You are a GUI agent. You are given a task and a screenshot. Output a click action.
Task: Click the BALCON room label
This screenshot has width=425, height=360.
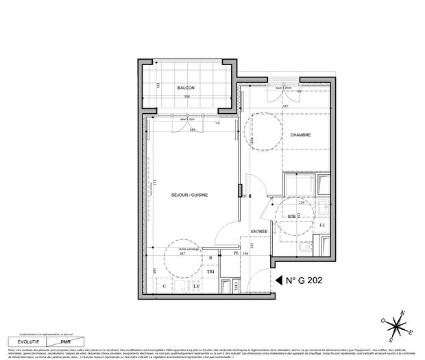[x=186, y=88]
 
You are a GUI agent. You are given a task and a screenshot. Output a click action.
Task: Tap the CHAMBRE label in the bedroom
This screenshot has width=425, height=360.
[x=300, y=135]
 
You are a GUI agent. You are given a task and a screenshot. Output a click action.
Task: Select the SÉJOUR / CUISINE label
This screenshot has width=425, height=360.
[x=190, y=195]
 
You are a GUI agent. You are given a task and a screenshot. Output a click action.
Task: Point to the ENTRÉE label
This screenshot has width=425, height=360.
[x=258, y=232]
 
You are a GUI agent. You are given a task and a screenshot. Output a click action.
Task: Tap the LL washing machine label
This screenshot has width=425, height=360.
[x=323, y=224]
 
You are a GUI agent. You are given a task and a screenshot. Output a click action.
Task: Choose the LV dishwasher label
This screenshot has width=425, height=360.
[x=195, y=285]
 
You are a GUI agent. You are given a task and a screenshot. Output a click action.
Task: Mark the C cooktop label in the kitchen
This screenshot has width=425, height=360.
[x=164, y=285]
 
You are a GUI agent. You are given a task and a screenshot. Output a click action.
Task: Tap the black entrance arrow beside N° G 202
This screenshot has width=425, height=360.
[x=278, y=280]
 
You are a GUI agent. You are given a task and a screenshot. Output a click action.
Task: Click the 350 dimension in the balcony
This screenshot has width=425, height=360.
[x=186, y=97]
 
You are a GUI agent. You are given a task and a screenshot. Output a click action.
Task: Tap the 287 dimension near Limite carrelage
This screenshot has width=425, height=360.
[x=182, y=254]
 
